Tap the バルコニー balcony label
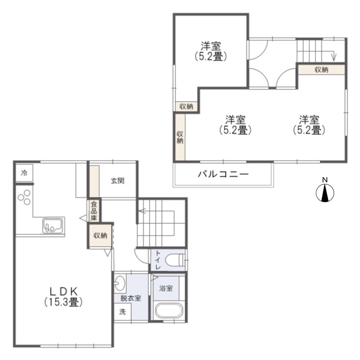(223, 174)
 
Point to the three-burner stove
(24, 197)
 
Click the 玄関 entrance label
(118, 181)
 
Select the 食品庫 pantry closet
(94, 211)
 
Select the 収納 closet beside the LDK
(100, 236)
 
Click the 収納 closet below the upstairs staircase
(321, 69)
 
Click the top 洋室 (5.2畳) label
(211, 51)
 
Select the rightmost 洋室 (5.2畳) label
(308, 124)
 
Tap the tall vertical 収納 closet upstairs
(180, 137)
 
